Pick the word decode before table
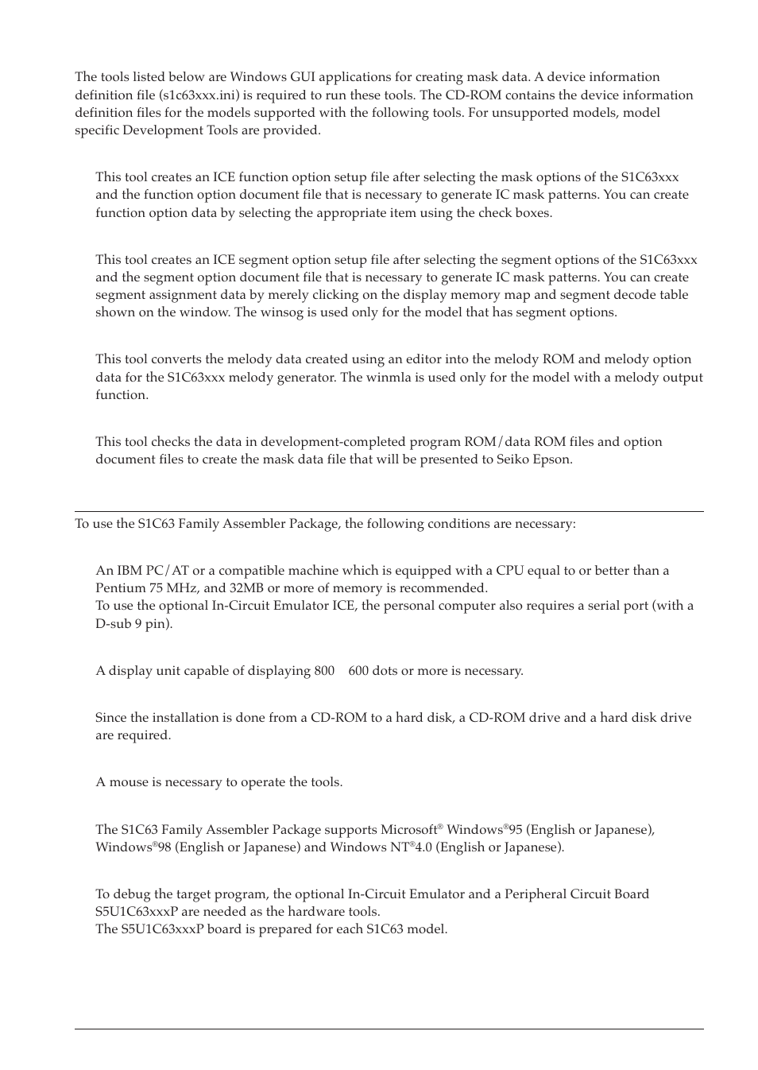click(613, 295)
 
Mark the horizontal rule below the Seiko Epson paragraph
click(389, 511)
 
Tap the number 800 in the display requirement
click(324, 671)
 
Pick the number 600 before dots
click(358, 671)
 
